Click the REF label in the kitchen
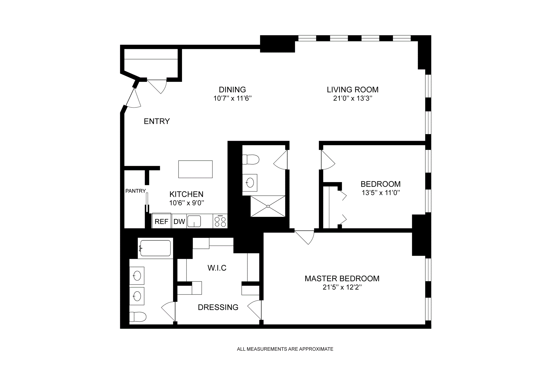[x=161, y=221]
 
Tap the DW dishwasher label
[x=179, y=221]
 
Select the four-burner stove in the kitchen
[x=220, y=221]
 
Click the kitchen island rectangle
[x=195, y=169]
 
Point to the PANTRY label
[x=135, y=191]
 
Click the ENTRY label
[x=157, y=121]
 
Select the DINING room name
[x=232, y=90]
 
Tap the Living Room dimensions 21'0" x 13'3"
[x=353, y=99]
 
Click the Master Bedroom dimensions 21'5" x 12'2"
[x=342, y=288]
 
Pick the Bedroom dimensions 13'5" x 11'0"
[x=381, y=193]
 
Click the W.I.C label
[x=217, y=268]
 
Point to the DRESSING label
[x=218, y=307]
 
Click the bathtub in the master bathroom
[x=155, y=248]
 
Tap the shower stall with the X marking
[x=268, y=206]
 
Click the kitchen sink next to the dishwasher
[x=194, y=221]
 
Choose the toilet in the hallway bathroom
[x=251, y=159]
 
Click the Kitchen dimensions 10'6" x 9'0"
[x=187, y=203]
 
